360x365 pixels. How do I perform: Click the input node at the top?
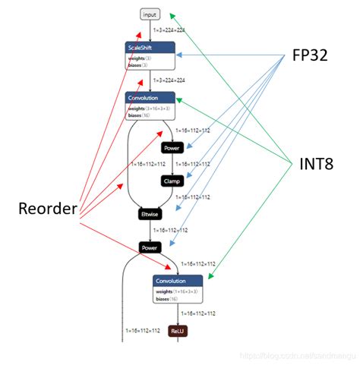coord(150,14)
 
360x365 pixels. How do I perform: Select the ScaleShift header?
coord(150,47)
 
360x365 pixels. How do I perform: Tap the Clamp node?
coord(172,181)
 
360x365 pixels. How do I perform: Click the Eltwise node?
coord(150,214)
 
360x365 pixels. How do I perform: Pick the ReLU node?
coord(178,332)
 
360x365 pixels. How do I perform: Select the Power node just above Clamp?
coord(172,148)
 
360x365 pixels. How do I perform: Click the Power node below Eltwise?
coord(150,247)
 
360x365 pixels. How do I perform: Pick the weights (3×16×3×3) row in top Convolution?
coord(149,109)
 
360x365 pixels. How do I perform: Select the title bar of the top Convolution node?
coord(150,98)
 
